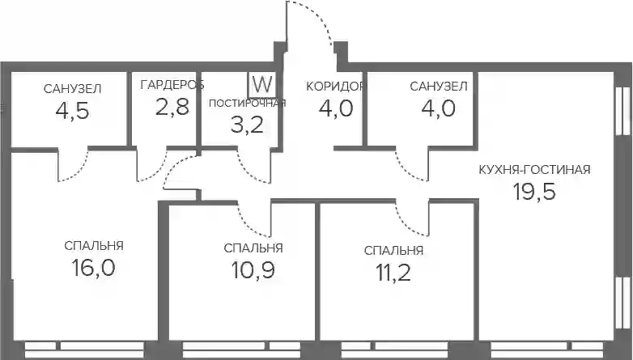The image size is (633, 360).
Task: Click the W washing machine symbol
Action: pyautogui.click(x=262, y=85)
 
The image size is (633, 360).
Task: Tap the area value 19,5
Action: pyautogui.click(x=534, y=191)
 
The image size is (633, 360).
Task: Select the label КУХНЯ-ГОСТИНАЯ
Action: pyautogui.click(x=534, y=170)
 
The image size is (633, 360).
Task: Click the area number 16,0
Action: pyautogui.click(x=93, y=268)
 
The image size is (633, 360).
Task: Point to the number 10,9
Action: pyautogui.click(x=253, y=270)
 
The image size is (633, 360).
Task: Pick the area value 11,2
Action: pyautogui.click(x=393, y=273)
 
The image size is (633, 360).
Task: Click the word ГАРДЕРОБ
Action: pyautogui.click(x=172, y=85)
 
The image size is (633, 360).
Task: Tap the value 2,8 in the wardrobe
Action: pyautogui.click(x=172, y=107)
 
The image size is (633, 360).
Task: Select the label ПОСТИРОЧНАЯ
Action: pyautogui.click(x=248, y=104)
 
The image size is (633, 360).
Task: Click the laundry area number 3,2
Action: pyautogui.click(x=247, y=125)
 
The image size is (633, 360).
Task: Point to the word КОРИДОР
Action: pyautogui.click(x=335, y=87)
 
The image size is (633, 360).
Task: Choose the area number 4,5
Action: pyautogui.click(x=72, y=111)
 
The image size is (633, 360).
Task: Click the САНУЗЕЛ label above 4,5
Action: pyautogui.click(x=72, y=89)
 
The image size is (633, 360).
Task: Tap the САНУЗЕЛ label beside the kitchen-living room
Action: pyautogui.click(x=439, y=87)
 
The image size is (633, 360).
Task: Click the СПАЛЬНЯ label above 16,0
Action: pyautogui.click(x=94, y=245)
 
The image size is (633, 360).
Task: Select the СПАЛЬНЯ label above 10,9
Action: pyautogui.click(x=253, y=248)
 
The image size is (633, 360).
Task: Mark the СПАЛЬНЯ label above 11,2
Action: pyautogui.click(x=393, y=251)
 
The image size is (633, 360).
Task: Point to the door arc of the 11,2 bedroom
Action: pyautogui.click(x=407, y=225)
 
